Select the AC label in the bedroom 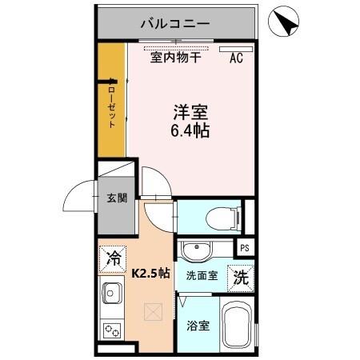coord(237,57)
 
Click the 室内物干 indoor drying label coord(176,57)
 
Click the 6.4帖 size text coord(190,130)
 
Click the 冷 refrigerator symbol coord(114,258)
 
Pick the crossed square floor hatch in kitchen coord(151,312)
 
